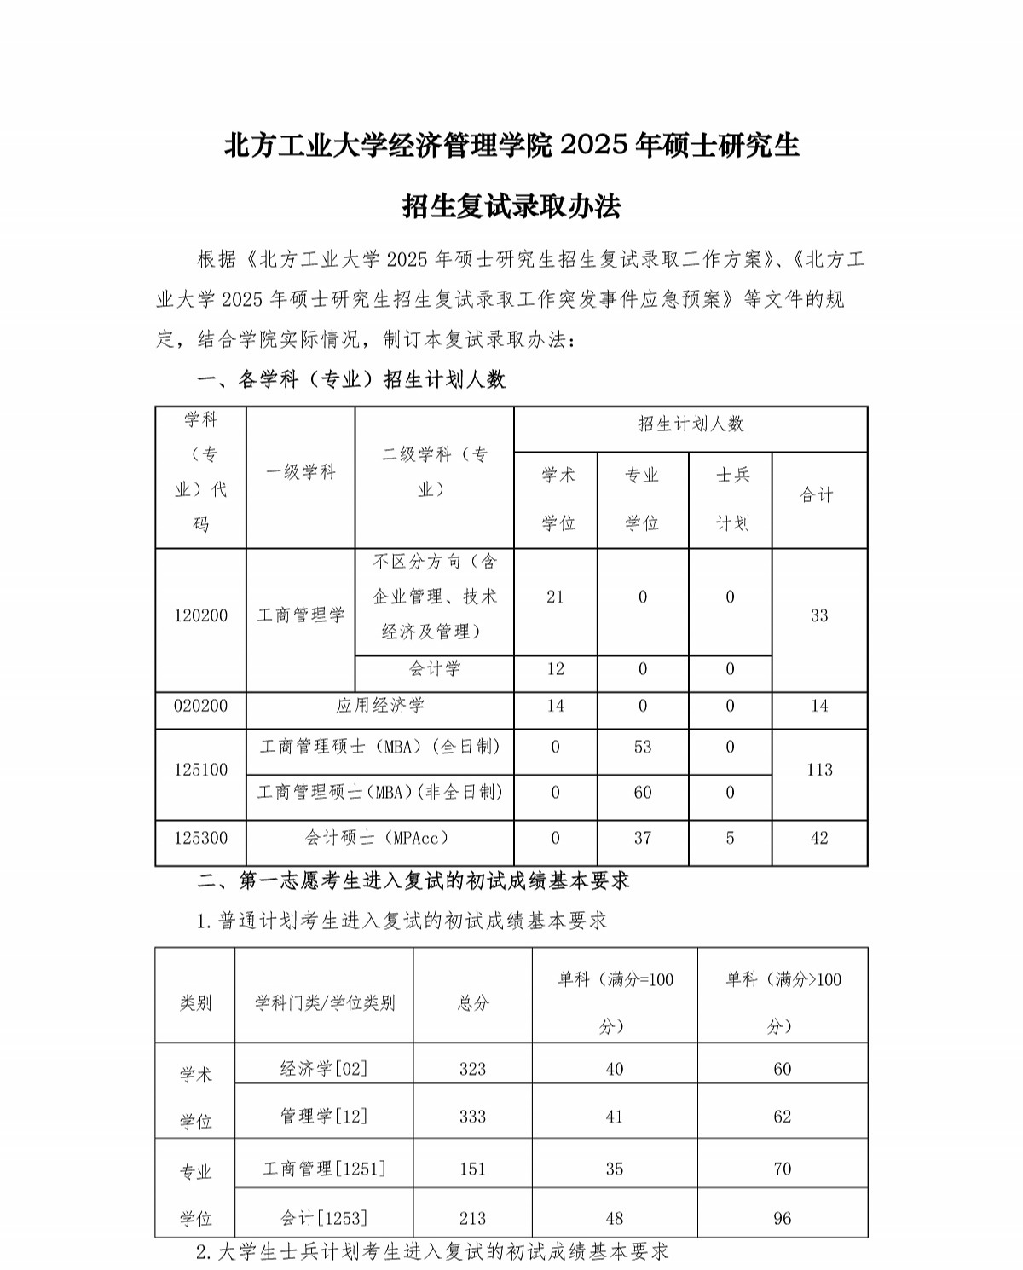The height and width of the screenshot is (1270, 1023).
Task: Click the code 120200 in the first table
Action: click(x=201, y=615)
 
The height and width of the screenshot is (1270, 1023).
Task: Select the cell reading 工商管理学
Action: click(x=301, y=615)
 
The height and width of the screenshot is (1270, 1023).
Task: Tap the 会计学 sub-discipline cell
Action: click(x=435, y=669)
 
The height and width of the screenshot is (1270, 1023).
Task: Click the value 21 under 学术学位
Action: click(x=556, y=597)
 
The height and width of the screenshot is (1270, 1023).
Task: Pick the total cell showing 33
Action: click(x=819, y=615)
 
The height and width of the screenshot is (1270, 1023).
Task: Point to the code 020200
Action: click(x=201, y=706)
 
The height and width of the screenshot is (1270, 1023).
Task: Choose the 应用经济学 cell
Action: click(x=380, y=706)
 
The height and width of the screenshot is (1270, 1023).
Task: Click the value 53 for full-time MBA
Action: click(x=643, y=748)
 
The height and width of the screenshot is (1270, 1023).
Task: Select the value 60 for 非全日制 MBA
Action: click(x=643, y=793)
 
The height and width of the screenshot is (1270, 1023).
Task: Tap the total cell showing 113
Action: click(x=819, y=770)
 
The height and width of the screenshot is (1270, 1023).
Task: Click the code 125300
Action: click(x=201, y=839)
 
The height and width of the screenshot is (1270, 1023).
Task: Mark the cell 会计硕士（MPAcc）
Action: click(x=380, y=839)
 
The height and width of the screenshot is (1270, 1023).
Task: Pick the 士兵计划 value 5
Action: click(x=731, y=839)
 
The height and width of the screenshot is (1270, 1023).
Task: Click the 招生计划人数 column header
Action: click(x=691, y=424)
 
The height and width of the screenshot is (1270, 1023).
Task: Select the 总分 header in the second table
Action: click(x=473, y=1003)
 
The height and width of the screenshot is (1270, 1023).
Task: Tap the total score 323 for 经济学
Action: click(x=473, y=1070)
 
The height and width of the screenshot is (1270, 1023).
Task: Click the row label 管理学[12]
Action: click(x=324, y=1117)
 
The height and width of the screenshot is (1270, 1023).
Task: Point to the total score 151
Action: click(x=473, y=1169)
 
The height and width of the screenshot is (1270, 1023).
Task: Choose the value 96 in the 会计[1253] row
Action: click(x=783, y=1219)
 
